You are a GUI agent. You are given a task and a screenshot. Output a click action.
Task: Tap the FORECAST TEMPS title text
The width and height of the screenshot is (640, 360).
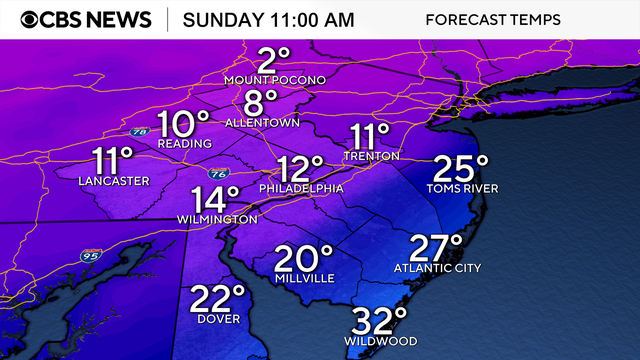[492, 20]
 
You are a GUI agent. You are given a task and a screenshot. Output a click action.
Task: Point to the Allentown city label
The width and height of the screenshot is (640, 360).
[263, 123]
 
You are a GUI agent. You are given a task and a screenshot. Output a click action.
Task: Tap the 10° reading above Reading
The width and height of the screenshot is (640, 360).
[183, 124]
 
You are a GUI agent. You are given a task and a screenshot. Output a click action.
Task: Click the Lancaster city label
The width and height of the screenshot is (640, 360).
[114, 181]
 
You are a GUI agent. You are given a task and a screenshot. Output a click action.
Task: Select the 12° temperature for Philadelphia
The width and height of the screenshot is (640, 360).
[300, 167]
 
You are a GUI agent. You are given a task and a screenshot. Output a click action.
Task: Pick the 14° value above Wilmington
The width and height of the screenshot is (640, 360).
[217, 198]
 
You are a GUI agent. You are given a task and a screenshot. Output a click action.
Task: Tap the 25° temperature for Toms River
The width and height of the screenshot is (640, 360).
[461, 167]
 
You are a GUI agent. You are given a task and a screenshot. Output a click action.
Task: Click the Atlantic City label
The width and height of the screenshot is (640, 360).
[437, 268]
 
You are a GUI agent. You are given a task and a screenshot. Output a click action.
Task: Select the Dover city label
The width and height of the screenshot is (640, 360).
[217, 321]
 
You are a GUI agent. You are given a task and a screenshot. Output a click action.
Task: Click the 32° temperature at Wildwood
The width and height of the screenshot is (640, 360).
[379, 321]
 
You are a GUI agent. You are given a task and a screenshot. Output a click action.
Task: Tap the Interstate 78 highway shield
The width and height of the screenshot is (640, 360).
[137, 133]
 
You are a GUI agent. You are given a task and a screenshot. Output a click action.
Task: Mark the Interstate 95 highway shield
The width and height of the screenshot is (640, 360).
[90, 256]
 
